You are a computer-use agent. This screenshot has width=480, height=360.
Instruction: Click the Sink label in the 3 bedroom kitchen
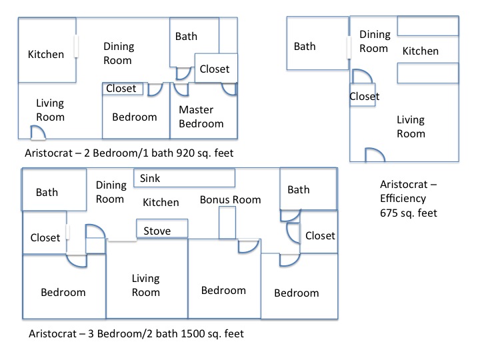tap(150, 179)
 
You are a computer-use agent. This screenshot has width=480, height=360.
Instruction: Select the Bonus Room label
tap(230, 200)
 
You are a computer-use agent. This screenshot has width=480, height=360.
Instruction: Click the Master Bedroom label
tap(201, 117)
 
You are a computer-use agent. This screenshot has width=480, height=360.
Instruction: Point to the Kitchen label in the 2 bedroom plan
tap(45, 55)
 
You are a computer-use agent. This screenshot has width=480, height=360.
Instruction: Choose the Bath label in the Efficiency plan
tap(305, 47)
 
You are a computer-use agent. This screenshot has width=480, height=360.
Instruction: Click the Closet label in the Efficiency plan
tap(364, 97)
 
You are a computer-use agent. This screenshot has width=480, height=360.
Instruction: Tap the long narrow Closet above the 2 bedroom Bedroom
tap(121, 89)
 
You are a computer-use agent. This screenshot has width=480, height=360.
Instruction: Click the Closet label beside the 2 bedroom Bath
tap(214, 69)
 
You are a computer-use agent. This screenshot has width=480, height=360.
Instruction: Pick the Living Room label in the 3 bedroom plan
tap(145, 286)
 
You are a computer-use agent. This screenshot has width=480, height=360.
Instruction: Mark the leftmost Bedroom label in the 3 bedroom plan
tap(63, 292)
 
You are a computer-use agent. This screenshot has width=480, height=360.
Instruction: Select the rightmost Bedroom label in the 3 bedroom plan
tap(297, 293)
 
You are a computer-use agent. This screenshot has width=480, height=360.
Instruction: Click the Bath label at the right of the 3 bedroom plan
tap(298, 190)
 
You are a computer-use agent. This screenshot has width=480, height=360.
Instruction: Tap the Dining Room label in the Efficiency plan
tap(374, 41)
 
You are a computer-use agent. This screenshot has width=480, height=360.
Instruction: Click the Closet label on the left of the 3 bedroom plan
tap(45, 237)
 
